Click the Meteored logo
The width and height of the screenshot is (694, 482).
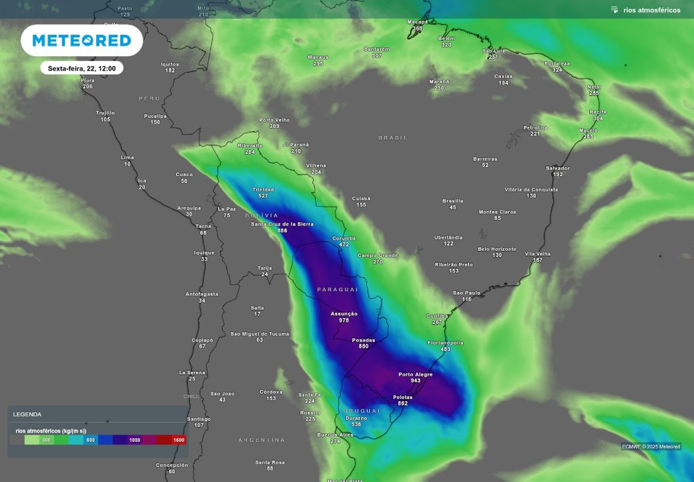point(81,41)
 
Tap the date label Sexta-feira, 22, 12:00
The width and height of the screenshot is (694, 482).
point(81,69)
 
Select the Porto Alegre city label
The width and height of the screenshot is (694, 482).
point(415,374)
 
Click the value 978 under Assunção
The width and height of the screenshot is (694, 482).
point(344,320)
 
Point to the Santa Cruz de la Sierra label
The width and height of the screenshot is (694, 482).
point(282,224)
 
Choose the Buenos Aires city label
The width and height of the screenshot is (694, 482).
point(335,434)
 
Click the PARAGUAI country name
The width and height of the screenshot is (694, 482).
point(337,289)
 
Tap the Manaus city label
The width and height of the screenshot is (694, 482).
point(318,57)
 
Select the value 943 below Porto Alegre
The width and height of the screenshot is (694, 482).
point(415,381)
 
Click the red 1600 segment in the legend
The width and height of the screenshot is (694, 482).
point(178,440)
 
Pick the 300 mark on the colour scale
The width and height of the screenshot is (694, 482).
point(46,440)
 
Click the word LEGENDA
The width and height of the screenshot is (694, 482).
point(27,414)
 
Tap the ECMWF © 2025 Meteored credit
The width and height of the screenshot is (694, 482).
point(651,446)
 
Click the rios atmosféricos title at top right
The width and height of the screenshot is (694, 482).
point(651,10)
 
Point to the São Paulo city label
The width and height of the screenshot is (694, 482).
point(466,293)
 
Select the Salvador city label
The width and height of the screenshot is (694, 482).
point(558,168)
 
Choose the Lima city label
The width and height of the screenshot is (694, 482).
point(127,157)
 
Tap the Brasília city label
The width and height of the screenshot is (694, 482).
point(453,201)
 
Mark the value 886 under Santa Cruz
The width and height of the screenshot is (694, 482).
point(282,231)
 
